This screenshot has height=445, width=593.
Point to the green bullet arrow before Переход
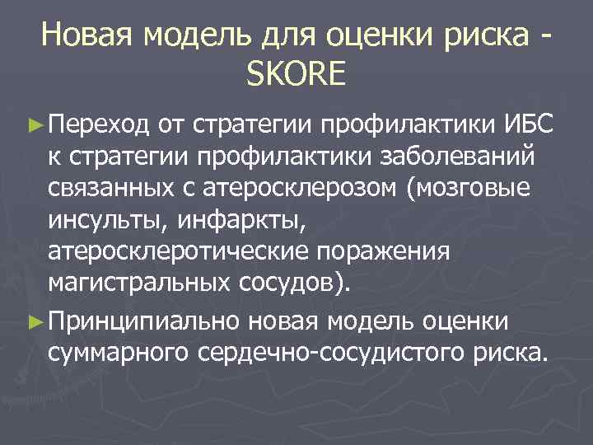click(33, 125)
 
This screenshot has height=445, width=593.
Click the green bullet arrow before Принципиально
click(33, 321)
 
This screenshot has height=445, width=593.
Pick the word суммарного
click(120, 353)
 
